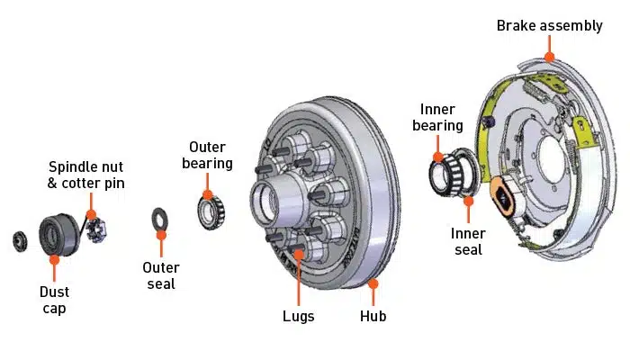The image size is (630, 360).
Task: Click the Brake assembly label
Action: click(549, 25)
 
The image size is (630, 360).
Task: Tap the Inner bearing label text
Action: click(437, 117)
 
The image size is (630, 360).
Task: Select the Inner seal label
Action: click(468, 241)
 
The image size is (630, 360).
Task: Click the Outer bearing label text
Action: click(208, 155)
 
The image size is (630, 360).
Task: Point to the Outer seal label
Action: click(161, 275)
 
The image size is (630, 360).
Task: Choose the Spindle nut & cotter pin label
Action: click(86, 175)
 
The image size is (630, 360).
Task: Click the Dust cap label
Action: click(54, 300)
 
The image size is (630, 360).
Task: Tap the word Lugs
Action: click(298, 316)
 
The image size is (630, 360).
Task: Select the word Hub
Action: click(373, 316)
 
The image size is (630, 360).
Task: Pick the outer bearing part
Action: click(211, 210)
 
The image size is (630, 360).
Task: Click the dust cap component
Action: click(58, 234)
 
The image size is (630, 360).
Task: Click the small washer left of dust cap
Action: click(19, 240)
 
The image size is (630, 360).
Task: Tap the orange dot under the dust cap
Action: click(54, 259)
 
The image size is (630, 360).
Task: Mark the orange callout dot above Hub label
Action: click(373, 284)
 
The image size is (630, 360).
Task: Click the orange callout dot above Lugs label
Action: click(298, 255)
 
